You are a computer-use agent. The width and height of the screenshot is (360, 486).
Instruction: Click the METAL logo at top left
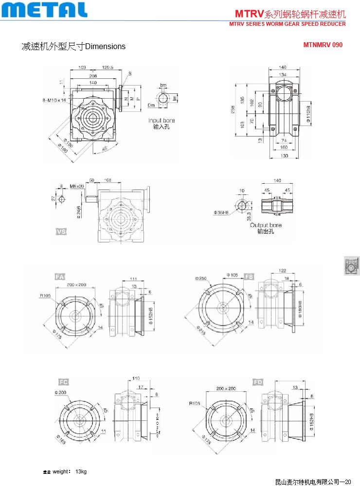[44, 10]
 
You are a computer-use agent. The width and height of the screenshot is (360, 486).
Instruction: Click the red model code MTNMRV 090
[323, 45]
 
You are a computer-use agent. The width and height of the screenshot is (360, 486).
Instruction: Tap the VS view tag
[61, 232]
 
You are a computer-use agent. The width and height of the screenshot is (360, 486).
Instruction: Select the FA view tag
[60, 277]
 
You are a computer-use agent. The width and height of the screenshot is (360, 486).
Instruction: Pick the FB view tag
[249, 277]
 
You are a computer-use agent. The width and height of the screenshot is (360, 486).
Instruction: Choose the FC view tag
[64, 382]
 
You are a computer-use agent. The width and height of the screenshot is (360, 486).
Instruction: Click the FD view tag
[258, 382]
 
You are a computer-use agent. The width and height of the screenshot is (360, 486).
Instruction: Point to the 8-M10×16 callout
[54, 100]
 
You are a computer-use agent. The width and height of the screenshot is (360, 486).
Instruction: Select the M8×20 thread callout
[76, 186]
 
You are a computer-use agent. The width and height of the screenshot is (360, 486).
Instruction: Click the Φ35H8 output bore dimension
[222, 212]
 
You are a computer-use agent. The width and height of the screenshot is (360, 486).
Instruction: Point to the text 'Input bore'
[162, 120]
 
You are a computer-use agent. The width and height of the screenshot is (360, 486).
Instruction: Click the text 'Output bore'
[266, 225]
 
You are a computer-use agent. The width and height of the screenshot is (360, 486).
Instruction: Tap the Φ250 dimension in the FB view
[200, 278]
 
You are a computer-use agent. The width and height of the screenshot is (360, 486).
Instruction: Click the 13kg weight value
[81, 471]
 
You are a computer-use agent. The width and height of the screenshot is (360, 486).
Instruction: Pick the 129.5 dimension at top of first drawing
[108, 68]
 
